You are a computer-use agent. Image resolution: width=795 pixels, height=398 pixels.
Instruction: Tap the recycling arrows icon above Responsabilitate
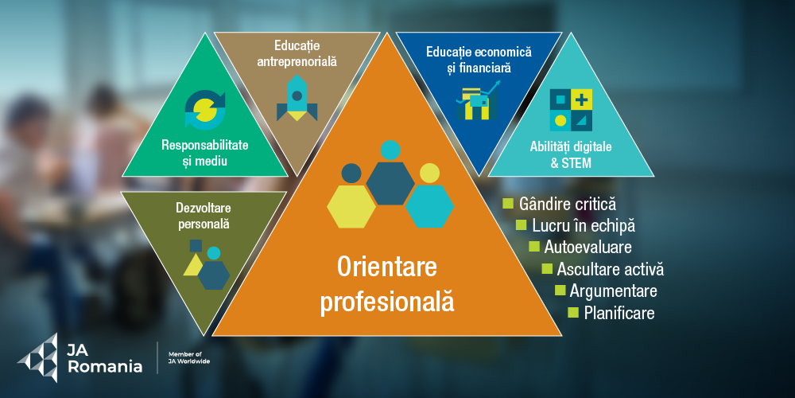click(205, 110)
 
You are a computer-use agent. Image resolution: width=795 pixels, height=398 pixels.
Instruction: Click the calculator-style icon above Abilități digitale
click(572, 110)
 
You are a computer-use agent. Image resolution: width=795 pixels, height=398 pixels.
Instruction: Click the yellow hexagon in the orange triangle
click(351, 204)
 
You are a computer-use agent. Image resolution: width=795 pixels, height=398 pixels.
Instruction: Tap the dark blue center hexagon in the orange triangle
click(390, 181)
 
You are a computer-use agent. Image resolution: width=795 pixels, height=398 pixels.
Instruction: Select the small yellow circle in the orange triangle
click(429, 173)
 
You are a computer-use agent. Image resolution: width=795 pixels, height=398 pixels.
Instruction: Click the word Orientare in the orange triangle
click(387, 266)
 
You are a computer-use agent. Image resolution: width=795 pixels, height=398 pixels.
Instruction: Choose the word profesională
click(387, 302)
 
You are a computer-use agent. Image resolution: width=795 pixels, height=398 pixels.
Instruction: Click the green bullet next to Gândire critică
click(507, 204)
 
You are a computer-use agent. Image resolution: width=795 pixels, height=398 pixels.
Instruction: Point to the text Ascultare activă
click(610, 268)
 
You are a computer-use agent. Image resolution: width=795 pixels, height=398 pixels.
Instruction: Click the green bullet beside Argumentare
click(560, 289)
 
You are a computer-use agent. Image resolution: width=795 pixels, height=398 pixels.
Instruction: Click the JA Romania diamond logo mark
click(37, 357)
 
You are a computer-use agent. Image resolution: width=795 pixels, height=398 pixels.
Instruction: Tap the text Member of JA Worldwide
click(189, 357)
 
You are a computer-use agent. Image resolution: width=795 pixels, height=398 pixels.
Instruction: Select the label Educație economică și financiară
click(479, 59)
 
